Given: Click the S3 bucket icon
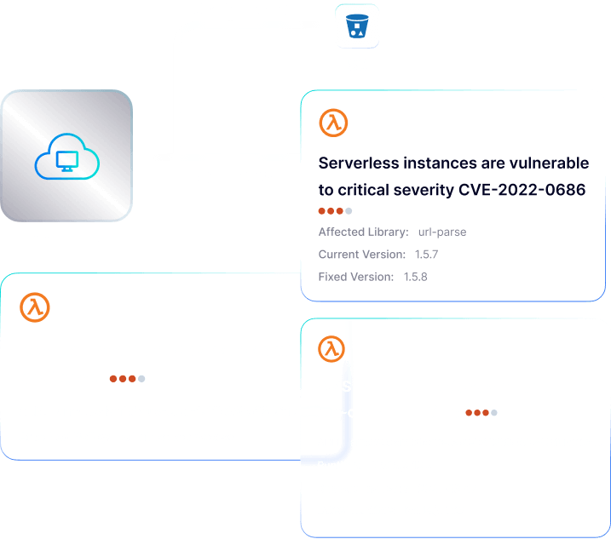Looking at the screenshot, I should click(357, 26).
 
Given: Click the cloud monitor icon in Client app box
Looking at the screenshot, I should click(66, 158).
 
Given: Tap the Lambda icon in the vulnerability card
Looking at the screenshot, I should click(333, 123).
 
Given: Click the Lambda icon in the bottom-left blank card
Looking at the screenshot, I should click(35, 307).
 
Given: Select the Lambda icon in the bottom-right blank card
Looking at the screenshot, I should click(331, 348).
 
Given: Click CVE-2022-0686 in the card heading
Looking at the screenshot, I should click(520, 190).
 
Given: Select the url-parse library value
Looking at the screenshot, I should click(442, 232).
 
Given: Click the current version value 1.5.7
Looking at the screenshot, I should click(426, 255).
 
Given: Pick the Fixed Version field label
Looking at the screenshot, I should click(355, 277).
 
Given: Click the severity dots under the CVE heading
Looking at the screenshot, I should click(335, 211).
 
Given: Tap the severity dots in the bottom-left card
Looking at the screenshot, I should click(127, 378).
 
